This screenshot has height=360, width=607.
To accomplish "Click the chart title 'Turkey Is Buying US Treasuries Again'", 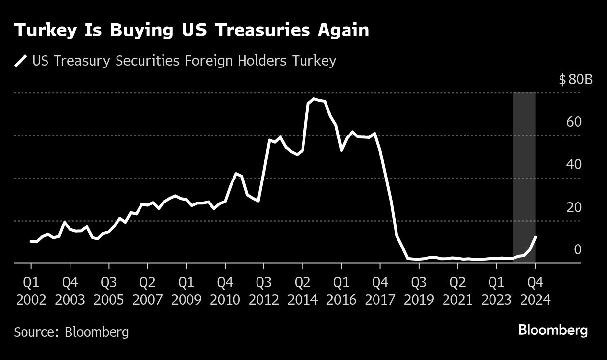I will click(x=191, y=30).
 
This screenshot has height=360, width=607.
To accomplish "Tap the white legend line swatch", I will click(x=21, y=61).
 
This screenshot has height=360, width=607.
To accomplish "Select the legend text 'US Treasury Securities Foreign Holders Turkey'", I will click(x=184, y=61).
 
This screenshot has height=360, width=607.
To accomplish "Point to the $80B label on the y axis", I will click(x=575, y=79).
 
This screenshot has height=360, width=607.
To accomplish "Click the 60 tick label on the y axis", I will click(x=574, y=122).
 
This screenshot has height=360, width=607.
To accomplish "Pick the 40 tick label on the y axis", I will click(x=574, y=164).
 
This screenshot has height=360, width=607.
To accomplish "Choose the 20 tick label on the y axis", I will click(x=574, y=207).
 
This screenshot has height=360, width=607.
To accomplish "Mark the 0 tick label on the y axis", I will click(x=578, y=250).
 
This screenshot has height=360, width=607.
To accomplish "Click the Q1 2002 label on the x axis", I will click(x=31, y=291).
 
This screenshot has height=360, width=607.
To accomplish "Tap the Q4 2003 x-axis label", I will click(x=70, y=291).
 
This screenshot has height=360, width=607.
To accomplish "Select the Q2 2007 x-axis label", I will click(x=147, y=291).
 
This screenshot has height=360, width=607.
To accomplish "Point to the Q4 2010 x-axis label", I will click(x=225, y=291).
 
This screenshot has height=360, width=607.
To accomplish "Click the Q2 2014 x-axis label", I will click(x=303, y=291).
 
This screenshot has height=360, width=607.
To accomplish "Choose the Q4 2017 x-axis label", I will click(x=380, y=291).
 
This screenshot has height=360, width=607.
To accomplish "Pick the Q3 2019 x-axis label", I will click(x=419, y=291).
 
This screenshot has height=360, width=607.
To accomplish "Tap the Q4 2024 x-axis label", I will click(x=536, y=291).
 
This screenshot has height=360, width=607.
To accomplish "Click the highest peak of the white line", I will click(x=314, y=99).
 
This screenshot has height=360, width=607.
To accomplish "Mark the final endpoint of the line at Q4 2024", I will click(x=536, y=237).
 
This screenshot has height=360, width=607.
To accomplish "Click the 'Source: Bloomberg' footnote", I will click(x=71, y=332).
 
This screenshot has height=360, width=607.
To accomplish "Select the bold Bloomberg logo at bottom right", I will click(x=553, y=330).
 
